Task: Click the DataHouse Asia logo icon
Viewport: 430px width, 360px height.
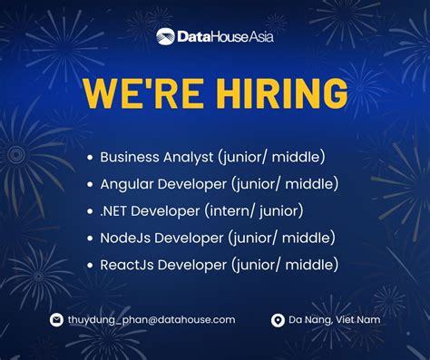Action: (165, 36)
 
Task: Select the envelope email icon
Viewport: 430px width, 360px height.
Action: (55, 320)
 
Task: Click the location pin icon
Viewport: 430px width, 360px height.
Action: (278, 320)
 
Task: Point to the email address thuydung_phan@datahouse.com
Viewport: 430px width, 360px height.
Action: (151, 320)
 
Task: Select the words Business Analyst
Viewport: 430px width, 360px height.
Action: (156, 157)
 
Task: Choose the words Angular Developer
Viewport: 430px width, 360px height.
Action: (162, 184)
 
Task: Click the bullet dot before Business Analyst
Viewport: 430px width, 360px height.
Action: (89, 158)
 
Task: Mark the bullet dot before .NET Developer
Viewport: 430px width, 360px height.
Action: (89, 211)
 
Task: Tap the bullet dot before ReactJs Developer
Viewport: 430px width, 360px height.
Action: (89, 266)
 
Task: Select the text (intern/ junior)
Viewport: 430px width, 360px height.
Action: (259, 211)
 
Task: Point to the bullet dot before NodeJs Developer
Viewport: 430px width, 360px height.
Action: (89, 238)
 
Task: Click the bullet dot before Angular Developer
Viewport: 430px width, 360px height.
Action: (89, 185)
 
